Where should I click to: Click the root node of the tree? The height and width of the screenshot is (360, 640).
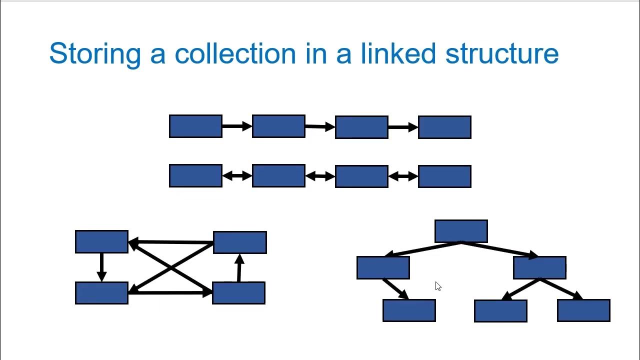(461, 231)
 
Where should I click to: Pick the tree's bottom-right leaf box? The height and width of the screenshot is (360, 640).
(583, 310)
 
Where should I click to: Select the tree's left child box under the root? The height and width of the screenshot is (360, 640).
(383, 267)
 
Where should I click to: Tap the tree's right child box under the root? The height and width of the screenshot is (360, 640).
(539, 267)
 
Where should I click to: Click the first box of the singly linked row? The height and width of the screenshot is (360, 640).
(195, 126)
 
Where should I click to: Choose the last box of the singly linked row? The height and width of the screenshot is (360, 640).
(444, 127)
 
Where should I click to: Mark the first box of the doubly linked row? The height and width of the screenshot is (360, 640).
(195, 175)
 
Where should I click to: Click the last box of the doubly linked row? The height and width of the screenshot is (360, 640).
(444, 176)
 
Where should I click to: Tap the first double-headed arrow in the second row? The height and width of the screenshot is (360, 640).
(237, 176)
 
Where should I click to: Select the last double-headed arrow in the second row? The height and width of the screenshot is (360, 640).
(403, 176)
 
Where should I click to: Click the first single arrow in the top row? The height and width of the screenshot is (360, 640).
(237, 126)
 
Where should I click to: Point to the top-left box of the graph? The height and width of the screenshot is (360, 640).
(101, 241)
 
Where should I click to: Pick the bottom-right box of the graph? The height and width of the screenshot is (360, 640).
(238, 293)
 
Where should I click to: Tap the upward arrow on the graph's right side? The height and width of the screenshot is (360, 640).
(239, 268)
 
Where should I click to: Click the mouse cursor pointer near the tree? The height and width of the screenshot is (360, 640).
(438, 286)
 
